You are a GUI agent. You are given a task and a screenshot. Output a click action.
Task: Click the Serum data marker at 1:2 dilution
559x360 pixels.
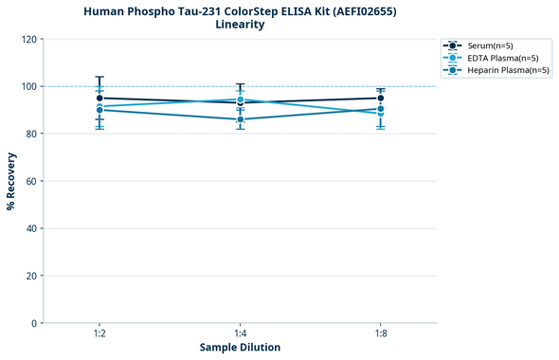pyautogui.click(x=99, y=98)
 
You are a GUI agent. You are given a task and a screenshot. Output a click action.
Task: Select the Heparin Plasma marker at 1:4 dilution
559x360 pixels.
pyautogui.click(x=240, y=119)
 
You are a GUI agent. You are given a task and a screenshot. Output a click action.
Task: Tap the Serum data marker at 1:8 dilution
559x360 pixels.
pyautogui.click(x=380, y=98)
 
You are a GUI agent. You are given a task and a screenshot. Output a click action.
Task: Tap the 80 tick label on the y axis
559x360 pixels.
pyautogui.click(x=31, y=134)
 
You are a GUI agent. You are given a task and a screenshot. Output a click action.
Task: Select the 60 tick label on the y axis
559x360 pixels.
pyautogui.click(x=31, y=181)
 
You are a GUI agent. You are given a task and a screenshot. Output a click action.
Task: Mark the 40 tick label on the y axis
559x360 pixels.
pyautogui.click(x=31, y=228)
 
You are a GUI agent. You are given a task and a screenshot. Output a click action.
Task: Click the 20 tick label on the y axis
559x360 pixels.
pyautogui.click(x=31, y=276)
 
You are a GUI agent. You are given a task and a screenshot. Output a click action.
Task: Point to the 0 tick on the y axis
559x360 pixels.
pyautogui.click(x=34, y=323)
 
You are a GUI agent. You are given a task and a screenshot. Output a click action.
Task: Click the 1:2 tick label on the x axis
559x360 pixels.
pyautogui.click(x=99, y=334)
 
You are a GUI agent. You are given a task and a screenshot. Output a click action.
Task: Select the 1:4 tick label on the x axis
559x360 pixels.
pyautogui.click(x=240, y=334)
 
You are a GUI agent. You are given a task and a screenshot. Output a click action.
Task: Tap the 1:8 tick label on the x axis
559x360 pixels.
pyautogui.click(x=380, y=334)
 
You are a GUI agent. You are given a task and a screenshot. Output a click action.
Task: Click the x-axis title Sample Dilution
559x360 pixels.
pyautogui.click(x=240, y=348)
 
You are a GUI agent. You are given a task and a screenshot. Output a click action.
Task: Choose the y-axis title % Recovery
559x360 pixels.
pyautogui.click(x=11, y=180)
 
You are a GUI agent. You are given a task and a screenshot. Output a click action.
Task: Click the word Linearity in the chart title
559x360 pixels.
pyautogui.click(x=240, y=25)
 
